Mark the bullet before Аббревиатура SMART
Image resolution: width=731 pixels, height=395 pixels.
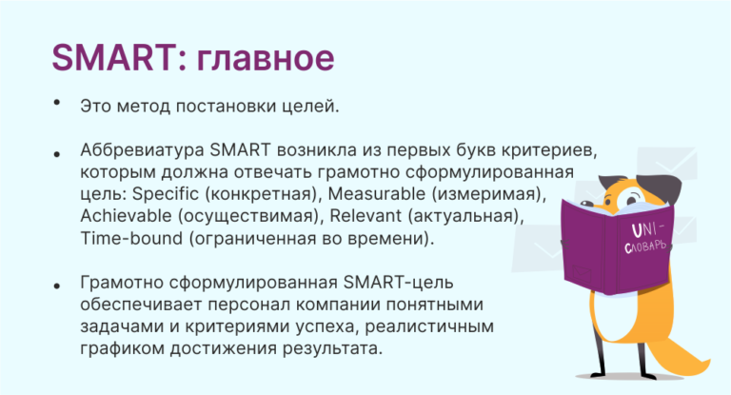tap(58, 151)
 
